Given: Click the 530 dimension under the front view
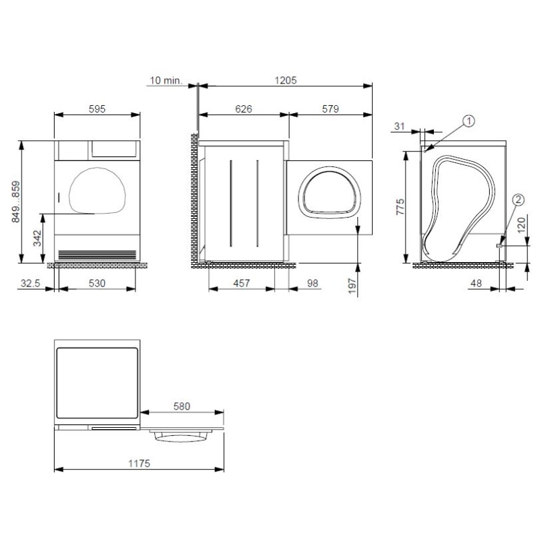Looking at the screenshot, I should [98, 284].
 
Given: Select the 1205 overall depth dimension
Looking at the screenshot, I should [286, 80].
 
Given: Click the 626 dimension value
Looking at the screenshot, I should [244, 108].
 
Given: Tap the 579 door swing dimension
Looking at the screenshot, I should [329, 108].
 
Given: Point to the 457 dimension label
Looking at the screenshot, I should [241, 284].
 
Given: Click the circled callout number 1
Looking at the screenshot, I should [469, 121].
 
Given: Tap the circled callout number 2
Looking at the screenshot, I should [518, 199].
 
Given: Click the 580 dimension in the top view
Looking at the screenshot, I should [181, 406].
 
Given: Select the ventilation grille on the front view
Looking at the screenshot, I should [96, 255].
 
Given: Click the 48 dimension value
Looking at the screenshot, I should [476, 284].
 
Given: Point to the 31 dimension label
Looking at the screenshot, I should [399, 126].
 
